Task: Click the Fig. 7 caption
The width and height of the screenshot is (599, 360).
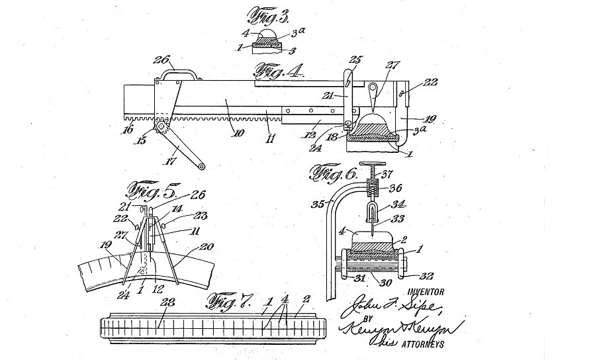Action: [x=230, y=303]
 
